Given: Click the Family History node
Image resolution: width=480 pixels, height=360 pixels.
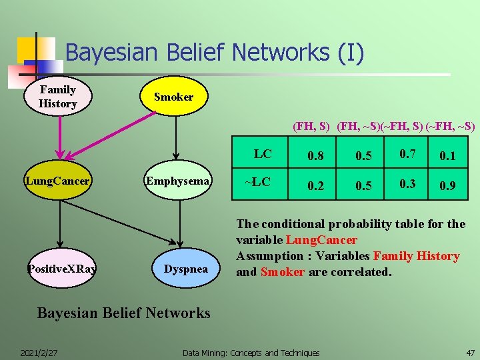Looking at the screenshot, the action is [58, 97].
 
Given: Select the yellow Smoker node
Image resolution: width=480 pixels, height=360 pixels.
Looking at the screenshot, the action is [174, 97].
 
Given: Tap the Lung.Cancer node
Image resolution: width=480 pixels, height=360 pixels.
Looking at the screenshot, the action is [58, 181].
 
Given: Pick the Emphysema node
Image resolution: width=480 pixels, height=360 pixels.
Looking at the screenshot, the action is [178, 181].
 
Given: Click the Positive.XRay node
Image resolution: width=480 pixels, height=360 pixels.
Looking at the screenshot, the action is [61, 269].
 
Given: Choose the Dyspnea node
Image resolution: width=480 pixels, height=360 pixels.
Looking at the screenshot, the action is [186, 269].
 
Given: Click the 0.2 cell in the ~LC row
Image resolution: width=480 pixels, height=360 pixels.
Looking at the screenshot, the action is [316, 186].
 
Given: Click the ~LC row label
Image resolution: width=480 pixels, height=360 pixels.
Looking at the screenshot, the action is [257, 181].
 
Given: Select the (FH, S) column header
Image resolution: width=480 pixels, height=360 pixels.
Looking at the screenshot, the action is [311, 126].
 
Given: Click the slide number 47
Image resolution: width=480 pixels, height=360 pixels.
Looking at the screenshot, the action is [471, 352].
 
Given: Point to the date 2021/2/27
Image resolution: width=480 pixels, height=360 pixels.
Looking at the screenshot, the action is [38, 352].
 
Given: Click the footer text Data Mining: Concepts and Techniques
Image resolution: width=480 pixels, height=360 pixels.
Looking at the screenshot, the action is [251, 352].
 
